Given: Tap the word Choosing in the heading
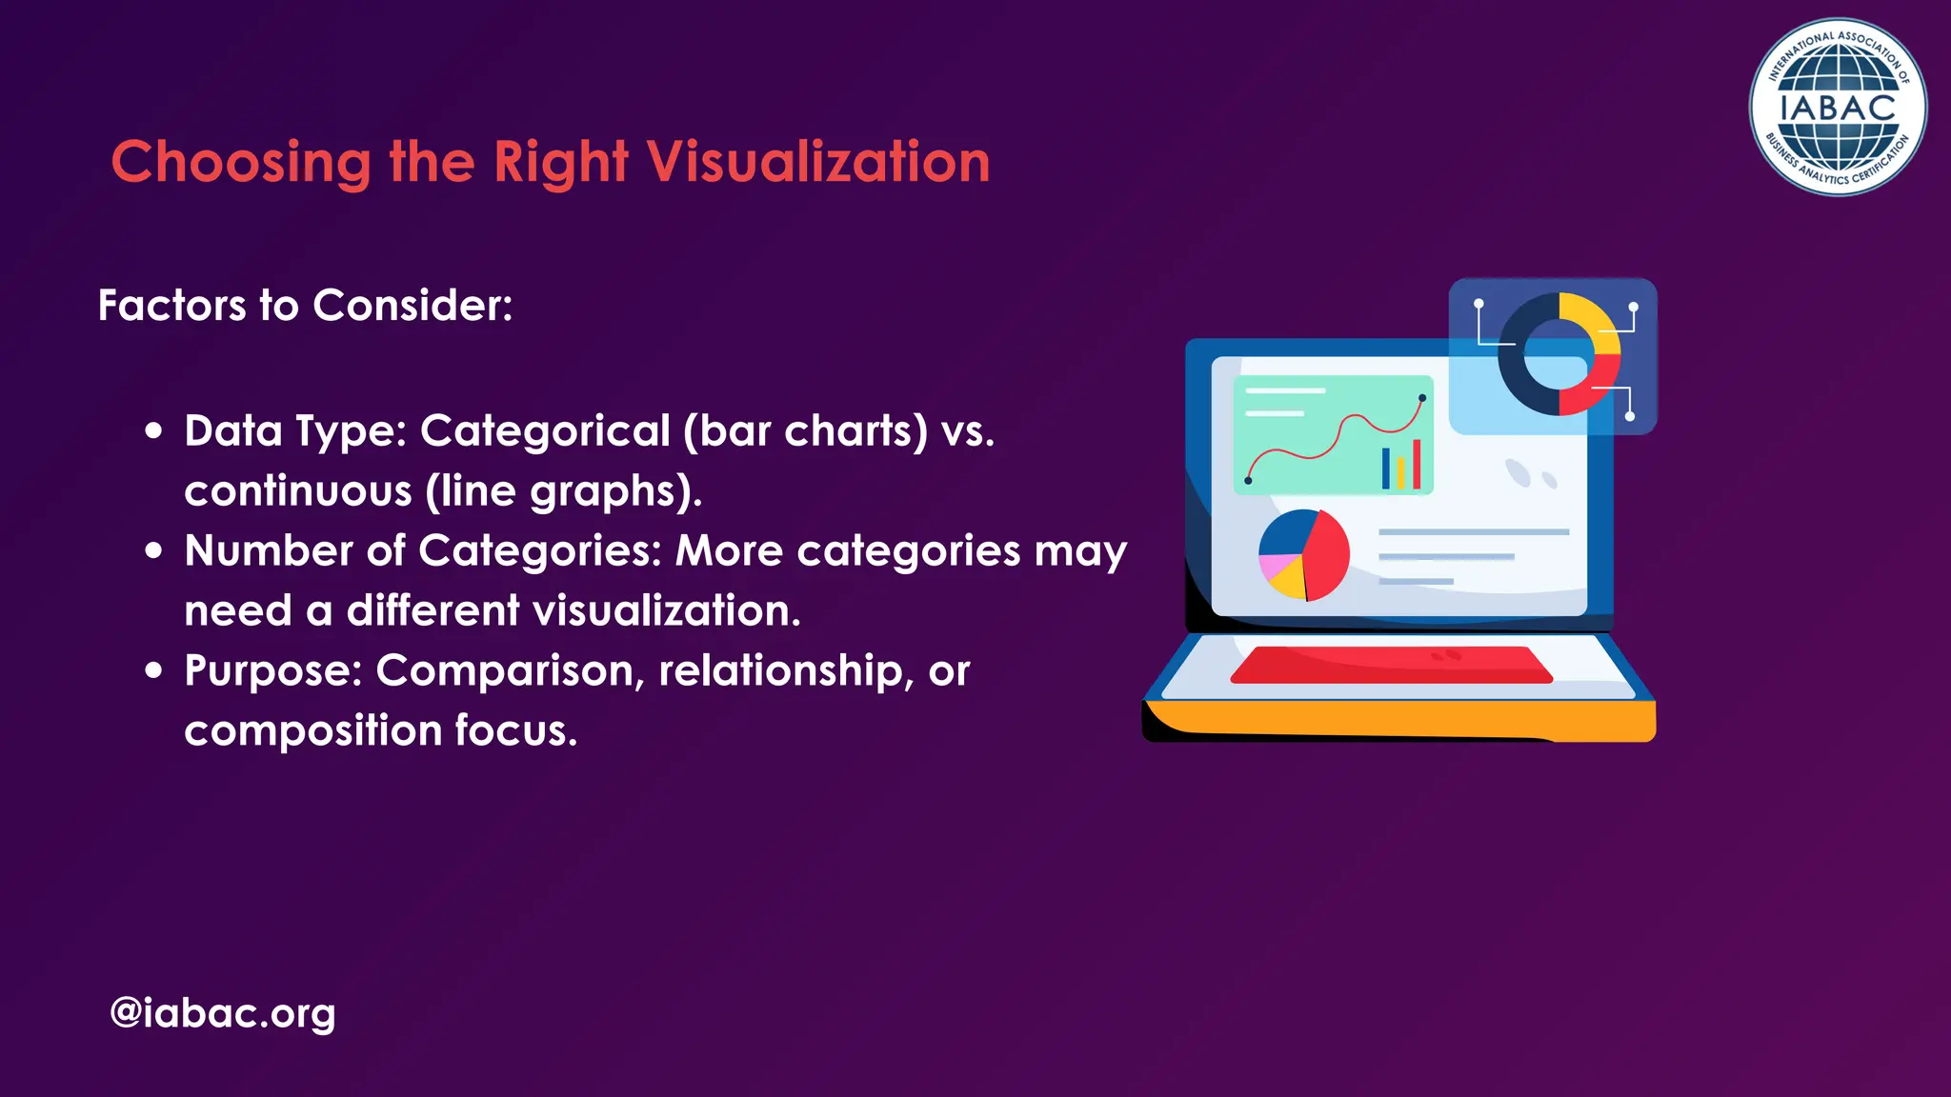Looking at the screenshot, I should pyautogui.click(x=241, y=163).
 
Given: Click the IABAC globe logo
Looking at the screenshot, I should pyautogui.click(x=1838, y=108).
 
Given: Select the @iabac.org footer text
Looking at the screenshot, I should pyautogui.click(x=223, y=1012).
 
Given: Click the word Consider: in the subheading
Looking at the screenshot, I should pyautogui.click(x=412, y=306).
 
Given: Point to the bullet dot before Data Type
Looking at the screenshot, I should pyautogui.click(x=154, y=430).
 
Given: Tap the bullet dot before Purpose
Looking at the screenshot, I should pyautogui.click(x=154, y=670).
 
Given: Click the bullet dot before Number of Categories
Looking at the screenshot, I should pyautogui.click(x=154, y=550).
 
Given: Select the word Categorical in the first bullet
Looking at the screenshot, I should pyautogui.click(x=545, y=430).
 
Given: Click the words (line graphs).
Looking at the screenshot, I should pyautogui.click(x=563, y=491).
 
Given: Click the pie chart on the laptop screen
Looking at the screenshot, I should pyautogui.click(x=1303, y=555).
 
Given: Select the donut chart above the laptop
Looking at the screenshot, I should pyautogui.click(x=1559, y=353).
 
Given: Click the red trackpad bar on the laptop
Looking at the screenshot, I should pyautogui.click(x=1391, y=665).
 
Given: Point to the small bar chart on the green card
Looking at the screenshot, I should pyautogui.click(x=1401, y=467).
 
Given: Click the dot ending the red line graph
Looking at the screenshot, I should pyautogui.click(x=1422, y=398).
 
